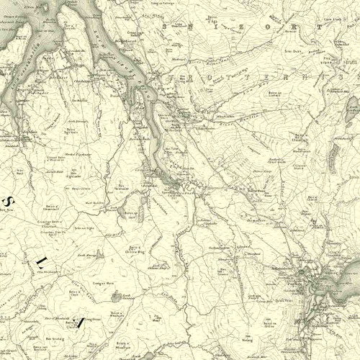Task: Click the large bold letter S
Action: pos(9,200)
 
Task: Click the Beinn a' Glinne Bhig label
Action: pos(135,249)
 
